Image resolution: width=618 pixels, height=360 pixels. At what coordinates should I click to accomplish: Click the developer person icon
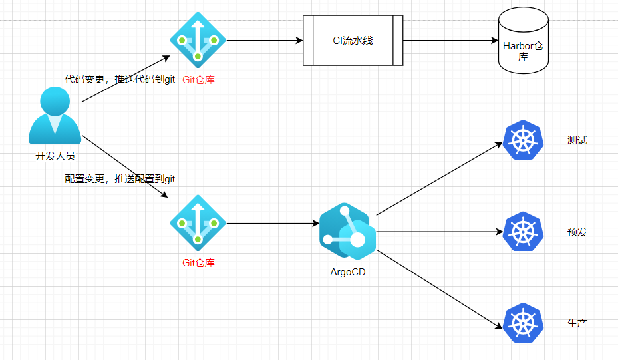[55, 116]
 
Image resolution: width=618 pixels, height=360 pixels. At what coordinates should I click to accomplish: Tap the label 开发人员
[55, 156]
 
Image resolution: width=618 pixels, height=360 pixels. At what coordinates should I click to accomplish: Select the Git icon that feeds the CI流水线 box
[198, 40]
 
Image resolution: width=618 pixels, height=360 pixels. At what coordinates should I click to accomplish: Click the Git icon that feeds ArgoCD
[198, 223]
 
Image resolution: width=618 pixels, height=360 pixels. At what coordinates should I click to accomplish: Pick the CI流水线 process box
[353, 40]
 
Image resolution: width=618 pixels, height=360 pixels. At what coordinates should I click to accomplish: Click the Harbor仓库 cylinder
[524, 40]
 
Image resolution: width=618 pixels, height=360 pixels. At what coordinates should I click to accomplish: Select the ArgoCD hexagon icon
[347, 231]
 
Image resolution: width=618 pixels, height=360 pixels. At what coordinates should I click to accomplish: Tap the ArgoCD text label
[348, 272]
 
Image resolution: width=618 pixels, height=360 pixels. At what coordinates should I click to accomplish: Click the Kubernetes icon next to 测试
[523, 140]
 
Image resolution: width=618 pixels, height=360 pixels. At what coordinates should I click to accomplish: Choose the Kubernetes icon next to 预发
[523, 232]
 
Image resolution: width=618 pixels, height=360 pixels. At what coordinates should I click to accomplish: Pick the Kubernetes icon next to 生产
[523, 323]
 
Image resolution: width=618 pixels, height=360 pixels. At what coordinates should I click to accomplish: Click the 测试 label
[577, 140]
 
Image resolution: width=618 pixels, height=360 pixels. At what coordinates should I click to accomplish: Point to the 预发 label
[577, 232]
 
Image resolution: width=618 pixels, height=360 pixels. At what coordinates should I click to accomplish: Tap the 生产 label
[577, 323]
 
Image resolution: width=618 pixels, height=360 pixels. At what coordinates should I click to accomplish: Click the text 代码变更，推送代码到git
[120, 79]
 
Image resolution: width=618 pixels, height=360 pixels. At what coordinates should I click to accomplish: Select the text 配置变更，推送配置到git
[120, 179]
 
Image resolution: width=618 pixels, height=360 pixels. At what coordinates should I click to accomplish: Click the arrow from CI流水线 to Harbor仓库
[451, 40]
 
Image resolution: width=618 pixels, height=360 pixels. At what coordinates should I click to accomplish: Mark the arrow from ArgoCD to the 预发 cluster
[440, 232]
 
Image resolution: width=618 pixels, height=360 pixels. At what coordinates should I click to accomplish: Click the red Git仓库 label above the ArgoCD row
[198, 80]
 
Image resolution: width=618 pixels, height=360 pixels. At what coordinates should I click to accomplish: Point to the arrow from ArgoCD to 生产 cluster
[440, 289]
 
